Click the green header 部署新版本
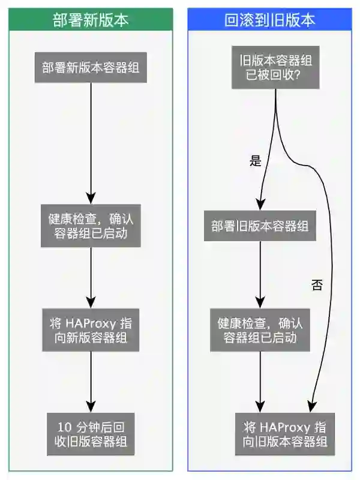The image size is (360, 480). [91, 20]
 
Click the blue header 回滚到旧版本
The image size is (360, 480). [269, 20]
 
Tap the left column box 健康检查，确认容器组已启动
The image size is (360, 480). [91, 225]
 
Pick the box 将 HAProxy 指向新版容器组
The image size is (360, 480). [91, 330]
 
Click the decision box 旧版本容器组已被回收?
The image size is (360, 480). [275, 67]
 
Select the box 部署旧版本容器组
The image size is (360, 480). [260, 226]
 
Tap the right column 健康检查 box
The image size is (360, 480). [260, 330]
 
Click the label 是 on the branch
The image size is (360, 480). [256, 160]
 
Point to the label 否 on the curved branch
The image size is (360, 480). [317, 285]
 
